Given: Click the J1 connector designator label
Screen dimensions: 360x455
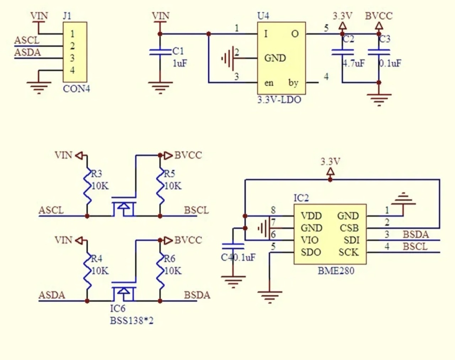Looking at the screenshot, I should pos(67,16).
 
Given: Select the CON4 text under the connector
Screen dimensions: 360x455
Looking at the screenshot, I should pos(76,89).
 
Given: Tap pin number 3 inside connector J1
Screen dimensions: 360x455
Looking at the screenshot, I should pos(73,58).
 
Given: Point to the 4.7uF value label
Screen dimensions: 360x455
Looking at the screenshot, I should pos(354,64).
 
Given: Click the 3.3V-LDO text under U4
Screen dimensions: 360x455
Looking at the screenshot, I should pos(279,100).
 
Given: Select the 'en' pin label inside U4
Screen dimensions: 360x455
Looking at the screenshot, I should pos(269,83).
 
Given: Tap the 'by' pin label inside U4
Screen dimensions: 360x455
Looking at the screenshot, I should pos(293,83).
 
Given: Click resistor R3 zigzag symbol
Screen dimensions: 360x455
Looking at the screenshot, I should pos(87,187).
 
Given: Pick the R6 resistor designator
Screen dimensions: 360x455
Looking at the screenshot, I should pos(170,259).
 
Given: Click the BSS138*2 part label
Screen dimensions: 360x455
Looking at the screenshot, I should pos(132,321).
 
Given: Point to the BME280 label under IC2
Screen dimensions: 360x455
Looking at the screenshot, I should pos(336,271).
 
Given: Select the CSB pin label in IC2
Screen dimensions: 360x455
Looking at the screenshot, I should pos(349,228).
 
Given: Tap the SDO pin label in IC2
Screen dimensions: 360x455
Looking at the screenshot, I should pos(311,252).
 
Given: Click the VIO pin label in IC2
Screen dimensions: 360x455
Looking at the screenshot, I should pos(310,240).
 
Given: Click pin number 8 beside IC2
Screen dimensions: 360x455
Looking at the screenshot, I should pos(273,210).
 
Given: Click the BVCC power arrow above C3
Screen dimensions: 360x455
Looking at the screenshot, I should pos(379,26).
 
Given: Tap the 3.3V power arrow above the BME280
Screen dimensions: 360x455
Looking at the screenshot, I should pos(330,172).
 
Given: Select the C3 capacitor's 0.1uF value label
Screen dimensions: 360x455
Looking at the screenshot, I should pos(390,64).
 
